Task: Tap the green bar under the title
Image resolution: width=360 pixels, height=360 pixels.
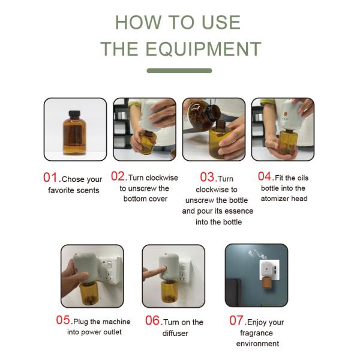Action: [x=179, y=71]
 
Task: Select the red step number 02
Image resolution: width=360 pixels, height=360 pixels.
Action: [x=119, y=177]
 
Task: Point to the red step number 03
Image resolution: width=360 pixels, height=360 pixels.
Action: [x=208, y=178]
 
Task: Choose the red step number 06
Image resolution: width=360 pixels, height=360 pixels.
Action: [x=152, y=320]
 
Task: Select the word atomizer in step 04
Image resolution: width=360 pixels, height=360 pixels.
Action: [x=275, y=199]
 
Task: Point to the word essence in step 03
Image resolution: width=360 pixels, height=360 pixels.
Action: [x=239, y=211]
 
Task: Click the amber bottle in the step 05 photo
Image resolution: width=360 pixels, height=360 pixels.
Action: [x=88, y=293]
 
